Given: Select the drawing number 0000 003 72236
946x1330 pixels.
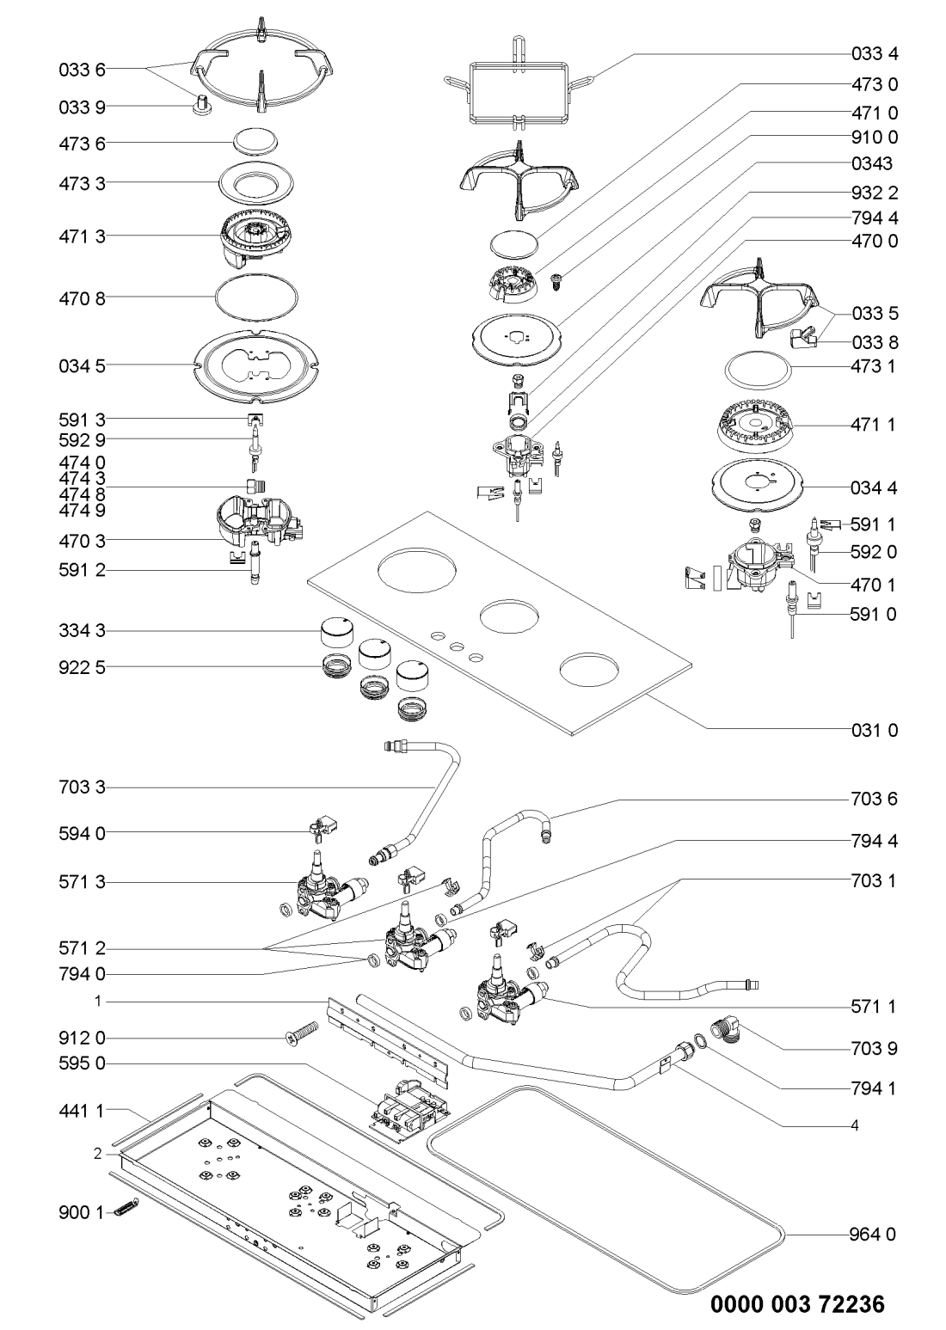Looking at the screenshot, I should pos(796,1304).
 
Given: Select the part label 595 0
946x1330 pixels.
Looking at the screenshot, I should pos(76,1063).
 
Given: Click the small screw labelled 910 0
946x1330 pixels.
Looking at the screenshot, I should pos(555,280).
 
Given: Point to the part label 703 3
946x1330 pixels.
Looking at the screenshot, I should pos(76,787).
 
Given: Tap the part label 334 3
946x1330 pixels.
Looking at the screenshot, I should pos(76,632).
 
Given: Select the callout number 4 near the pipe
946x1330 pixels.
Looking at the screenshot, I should pos(854,1124).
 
